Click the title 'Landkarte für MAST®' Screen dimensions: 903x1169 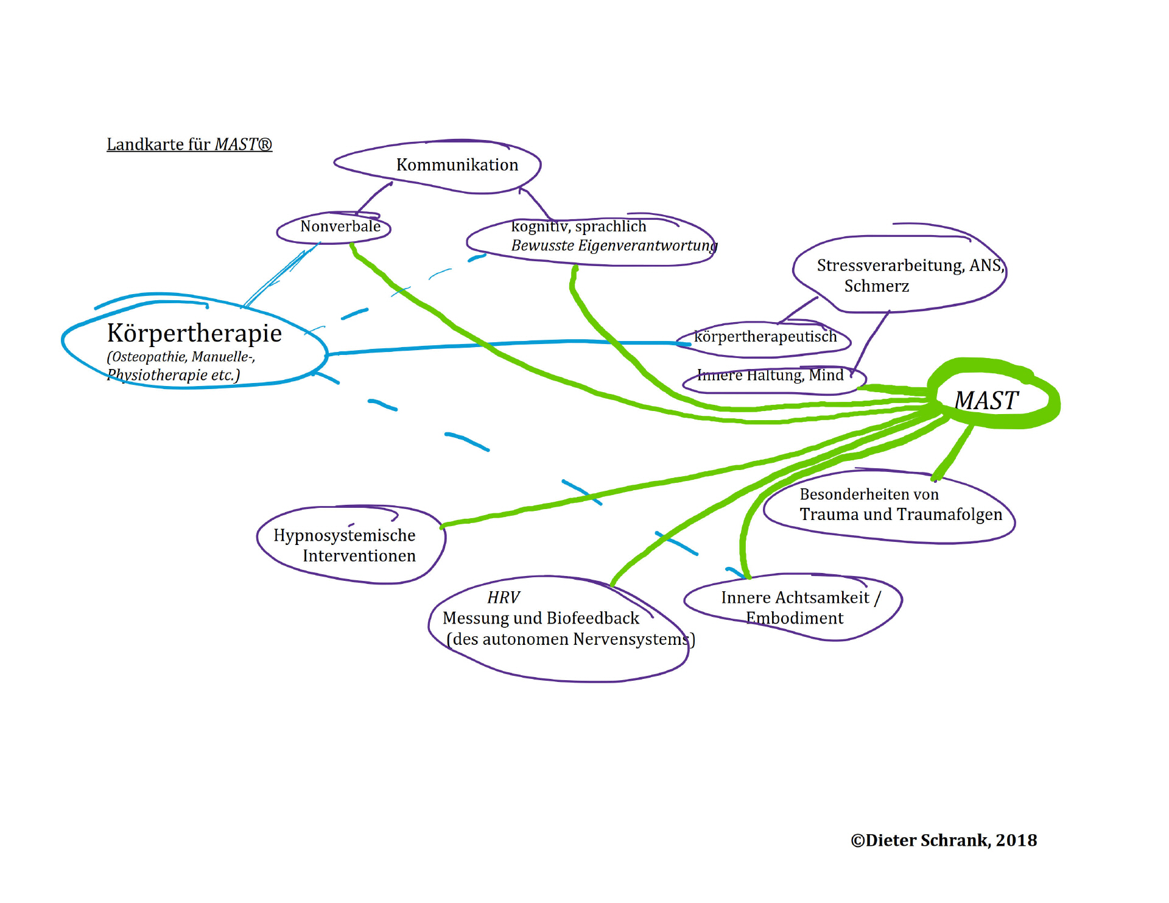coord(189,144)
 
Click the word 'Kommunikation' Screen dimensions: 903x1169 coord(457,165)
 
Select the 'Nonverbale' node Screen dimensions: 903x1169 coord(340,227)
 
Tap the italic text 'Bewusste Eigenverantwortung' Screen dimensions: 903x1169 coord(614,245)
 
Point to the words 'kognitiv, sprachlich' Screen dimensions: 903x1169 coord(578,227)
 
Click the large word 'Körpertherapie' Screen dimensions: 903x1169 coord(194,333)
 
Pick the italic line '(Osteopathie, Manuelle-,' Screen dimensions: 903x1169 coord(181,357)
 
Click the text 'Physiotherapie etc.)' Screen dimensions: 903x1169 coord(174,375)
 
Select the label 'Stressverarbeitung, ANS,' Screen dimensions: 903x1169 coord(910,265)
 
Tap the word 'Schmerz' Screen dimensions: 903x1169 coord(876,286)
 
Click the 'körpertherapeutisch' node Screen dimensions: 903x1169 coord(765,337)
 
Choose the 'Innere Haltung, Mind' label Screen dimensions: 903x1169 coord(770,375)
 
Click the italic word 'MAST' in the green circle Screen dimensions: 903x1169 coord(986,401)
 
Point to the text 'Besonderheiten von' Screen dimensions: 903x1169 coord(869,494)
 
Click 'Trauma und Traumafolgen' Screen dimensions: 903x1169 coord(900,515)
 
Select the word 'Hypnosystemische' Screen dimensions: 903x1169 coord(344,535)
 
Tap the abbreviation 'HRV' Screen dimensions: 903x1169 coord(504,598)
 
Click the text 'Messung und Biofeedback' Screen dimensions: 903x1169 coord(541,619)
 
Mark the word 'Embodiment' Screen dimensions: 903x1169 coord(795,619)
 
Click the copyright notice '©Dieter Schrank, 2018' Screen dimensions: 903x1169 coord(943,840)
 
